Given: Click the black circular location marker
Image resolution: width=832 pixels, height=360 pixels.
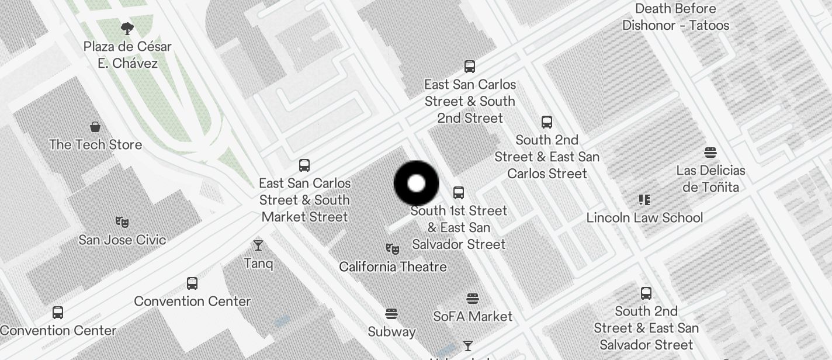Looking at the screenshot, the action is (416, 184).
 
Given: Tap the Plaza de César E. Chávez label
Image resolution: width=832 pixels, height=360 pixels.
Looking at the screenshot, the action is (127, 55).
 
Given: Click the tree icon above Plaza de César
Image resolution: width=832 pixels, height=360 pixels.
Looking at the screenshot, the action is (127, 28).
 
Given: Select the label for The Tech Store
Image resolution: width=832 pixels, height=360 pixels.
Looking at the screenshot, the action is (95, 144).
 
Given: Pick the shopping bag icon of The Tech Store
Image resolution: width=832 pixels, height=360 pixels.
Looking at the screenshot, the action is (95, 126).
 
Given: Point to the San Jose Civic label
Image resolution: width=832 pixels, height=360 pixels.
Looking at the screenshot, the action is (122, 240).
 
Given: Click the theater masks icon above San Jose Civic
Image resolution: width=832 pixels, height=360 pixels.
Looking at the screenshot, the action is (122, 221).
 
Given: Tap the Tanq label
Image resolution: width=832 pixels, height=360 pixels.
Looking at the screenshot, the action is (258, 263).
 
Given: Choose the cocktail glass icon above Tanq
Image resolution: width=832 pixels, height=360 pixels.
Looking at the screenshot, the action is (258, 245).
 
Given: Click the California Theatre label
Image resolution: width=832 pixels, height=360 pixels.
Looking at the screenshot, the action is (393, 266).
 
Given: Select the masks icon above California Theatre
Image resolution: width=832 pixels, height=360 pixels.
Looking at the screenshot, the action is (393, 249).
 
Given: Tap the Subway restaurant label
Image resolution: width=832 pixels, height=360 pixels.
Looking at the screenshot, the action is (391, 331).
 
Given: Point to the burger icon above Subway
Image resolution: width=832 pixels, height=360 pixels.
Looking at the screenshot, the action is (391, 314).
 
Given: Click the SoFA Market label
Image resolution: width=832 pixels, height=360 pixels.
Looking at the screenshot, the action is (472, 316).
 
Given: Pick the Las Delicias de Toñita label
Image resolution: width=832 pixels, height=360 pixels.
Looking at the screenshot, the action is (710, 179).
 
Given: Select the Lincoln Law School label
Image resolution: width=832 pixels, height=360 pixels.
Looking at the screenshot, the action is (644, 217).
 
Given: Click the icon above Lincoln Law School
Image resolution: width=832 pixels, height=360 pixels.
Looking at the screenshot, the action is (644, 200).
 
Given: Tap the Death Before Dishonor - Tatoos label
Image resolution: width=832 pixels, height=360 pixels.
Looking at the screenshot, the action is (675, 17).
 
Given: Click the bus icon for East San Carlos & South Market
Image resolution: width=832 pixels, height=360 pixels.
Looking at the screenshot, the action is (304, 165).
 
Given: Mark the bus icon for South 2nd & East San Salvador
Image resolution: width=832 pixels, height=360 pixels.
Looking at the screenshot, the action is (646, 293).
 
